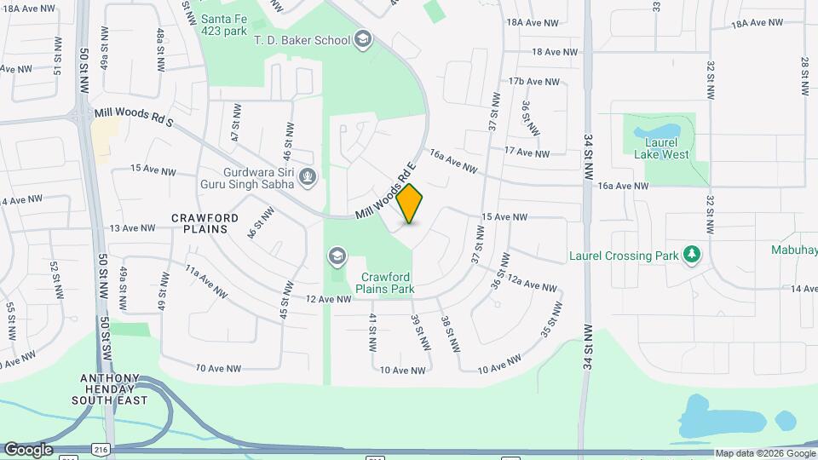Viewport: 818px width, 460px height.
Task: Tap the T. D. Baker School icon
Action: point(363,39)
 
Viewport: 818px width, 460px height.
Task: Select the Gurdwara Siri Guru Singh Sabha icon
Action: point(308,177)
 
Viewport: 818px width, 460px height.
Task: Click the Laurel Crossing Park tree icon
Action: point(693,255)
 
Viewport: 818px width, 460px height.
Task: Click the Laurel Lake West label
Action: point(661,148)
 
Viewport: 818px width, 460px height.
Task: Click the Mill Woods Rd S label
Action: point(134,118)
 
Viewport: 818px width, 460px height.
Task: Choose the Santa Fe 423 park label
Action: point(224,25)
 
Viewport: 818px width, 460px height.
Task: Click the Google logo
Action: point(28,450)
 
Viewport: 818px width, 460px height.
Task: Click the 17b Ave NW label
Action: point(533,82)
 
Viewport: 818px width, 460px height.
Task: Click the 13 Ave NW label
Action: point(133,228)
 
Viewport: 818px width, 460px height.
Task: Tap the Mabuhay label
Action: point(794,251)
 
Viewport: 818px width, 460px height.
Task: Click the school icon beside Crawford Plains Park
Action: point(337,256)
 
